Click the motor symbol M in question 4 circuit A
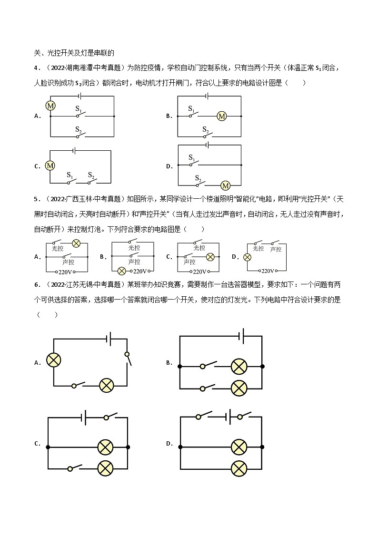50,105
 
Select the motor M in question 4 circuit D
226,185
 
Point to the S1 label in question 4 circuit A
79,109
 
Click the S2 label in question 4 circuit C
91,175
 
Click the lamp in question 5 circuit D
247,257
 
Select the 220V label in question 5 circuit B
139,272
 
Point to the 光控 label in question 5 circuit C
199,248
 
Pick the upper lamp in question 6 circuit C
104,447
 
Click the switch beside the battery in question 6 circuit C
110,417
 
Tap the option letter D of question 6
169,444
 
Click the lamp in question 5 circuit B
121,271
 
